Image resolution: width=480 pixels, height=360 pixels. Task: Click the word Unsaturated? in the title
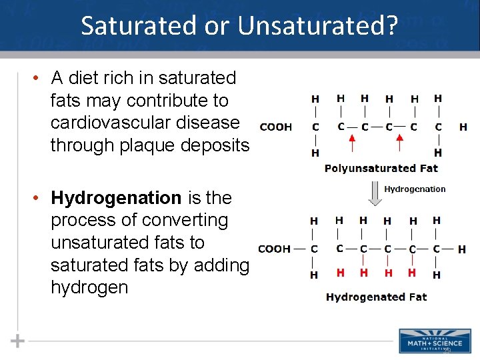[318, 25]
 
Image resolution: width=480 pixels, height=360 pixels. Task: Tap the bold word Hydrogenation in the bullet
[116, 198]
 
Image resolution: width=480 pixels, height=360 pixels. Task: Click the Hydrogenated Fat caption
[376, 297]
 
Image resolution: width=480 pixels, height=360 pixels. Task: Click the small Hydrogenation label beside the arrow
[415, 189]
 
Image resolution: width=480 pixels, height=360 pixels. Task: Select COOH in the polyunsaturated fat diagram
[276, 127]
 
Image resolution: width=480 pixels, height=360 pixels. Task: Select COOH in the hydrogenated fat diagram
[274, 249]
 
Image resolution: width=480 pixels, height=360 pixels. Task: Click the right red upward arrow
[401, 142]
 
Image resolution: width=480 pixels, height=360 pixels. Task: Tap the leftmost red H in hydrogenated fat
[340, 273]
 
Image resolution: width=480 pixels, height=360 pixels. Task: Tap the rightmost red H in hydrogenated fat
[412, 273]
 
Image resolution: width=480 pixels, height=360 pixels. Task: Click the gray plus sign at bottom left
[18, 341]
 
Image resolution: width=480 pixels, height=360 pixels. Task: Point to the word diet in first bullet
[89, 78]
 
